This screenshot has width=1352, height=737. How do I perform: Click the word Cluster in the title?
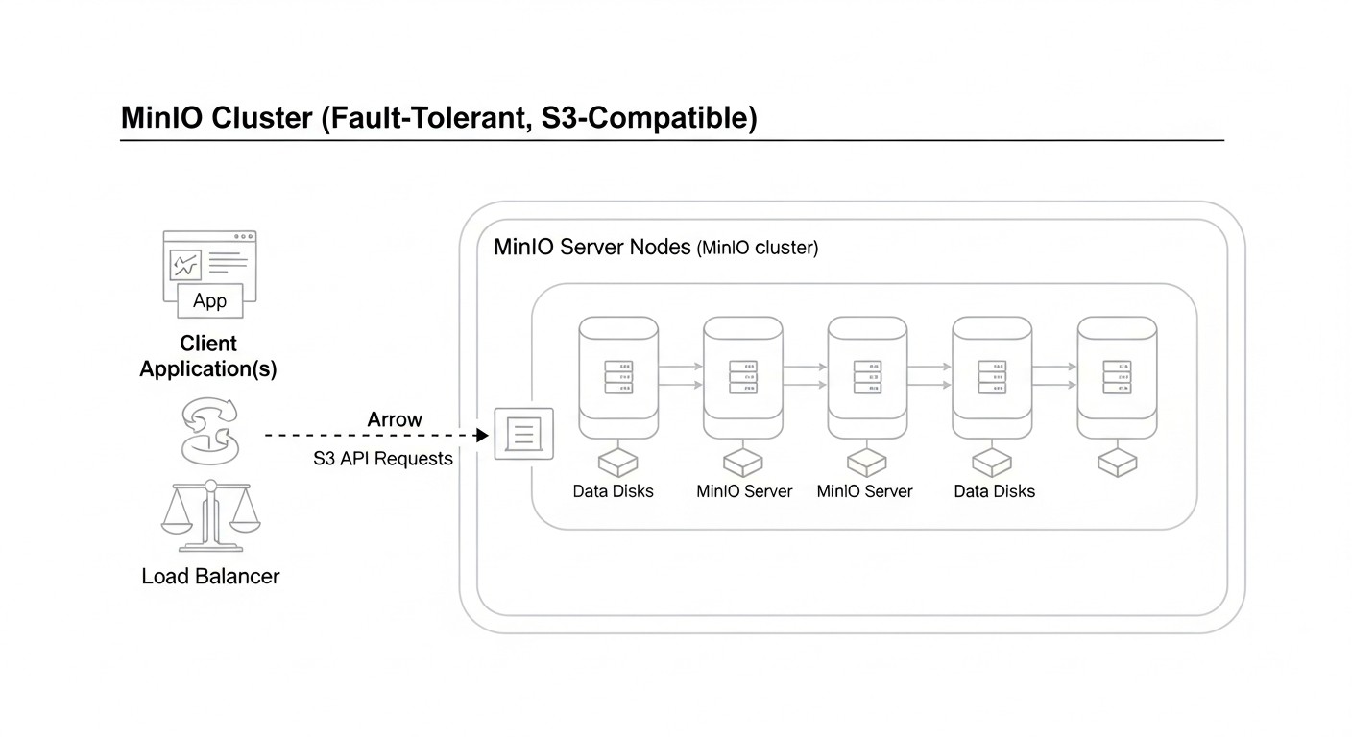pyautogui.click(x=260, y=118)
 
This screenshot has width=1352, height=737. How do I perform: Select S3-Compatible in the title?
pyautogui.click(x=642, y=118)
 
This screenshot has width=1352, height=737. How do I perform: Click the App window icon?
pyautogui.click(x=209, y=273)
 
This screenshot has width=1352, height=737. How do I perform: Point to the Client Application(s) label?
pyautogui.click(x=208, y=356)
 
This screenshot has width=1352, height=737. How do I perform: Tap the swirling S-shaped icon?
pyautogui.click(x=208, y=432)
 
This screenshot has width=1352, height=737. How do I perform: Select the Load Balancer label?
pyautogui.click(x=210, y=576)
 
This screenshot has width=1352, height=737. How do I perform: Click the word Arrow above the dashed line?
pyautogui.click(x=395, y=419)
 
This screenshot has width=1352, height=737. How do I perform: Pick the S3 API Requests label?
pyautogui.click(x=383, y=459)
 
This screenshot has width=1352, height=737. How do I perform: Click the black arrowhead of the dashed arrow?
pyautogui.click(x=482, y=435)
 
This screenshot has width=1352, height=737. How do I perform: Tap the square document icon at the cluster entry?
pyautogui.click(x=523, y=434)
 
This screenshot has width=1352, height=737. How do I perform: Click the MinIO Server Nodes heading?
pyautogui.click(x=591, y=247)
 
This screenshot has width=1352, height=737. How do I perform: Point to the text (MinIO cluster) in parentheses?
pyautogui.click(x=758, y=248)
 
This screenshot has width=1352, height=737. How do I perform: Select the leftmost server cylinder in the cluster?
pyautogui.click(x=618, y=379)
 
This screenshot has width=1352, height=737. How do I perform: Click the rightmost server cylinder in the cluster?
pyautogui.click(x=1116, y=379)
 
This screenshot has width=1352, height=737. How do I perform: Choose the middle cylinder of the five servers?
pyautogui.click(x=867, y=379)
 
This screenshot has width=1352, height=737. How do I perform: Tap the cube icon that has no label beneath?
pyautogui.click(x=1117, y=463)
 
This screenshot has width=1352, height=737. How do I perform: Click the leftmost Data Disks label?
pyautogui.click(x=613, y=491)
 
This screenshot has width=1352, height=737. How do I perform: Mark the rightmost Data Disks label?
pyautogui.click(x=994, y=491)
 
